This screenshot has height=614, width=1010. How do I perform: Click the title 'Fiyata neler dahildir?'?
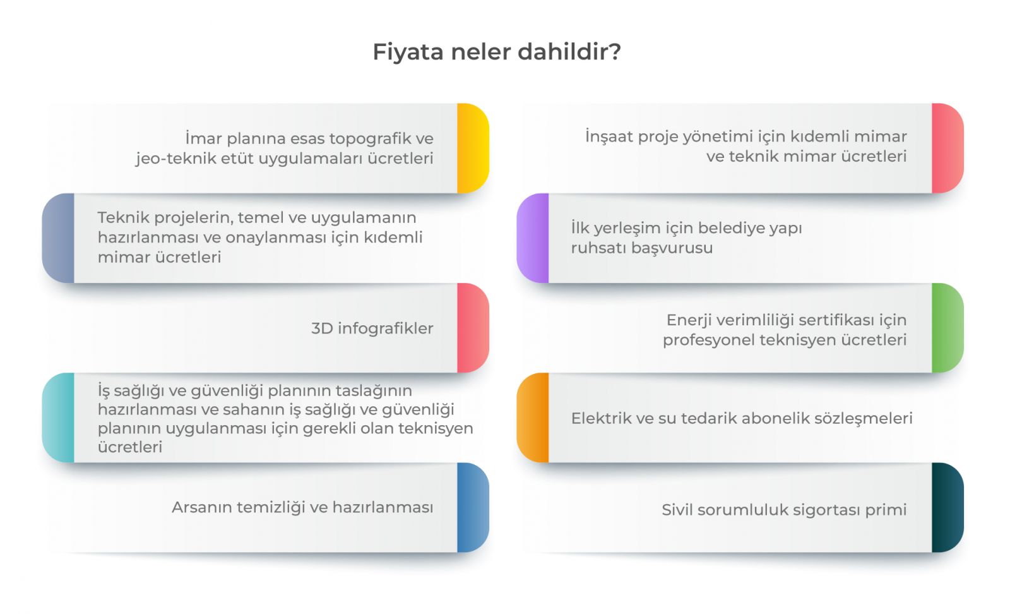497,51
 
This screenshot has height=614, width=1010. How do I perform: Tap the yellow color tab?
473,148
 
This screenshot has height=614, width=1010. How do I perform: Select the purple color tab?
533,238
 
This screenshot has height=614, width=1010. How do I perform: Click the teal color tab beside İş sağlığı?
58,418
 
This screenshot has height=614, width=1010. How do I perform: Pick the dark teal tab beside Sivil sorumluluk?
948,507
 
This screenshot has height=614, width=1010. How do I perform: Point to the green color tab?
948,328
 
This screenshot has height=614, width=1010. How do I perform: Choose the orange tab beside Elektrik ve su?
533,418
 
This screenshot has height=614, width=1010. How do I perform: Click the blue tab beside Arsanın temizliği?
473,507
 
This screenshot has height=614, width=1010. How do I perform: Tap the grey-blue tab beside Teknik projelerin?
58,238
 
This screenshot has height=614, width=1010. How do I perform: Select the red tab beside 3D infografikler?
473,328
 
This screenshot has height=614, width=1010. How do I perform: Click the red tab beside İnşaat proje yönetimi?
948,148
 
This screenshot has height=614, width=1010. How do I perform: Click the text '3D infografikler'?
372,328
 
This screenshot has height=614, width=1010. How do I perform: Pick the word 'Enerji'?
689,320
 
